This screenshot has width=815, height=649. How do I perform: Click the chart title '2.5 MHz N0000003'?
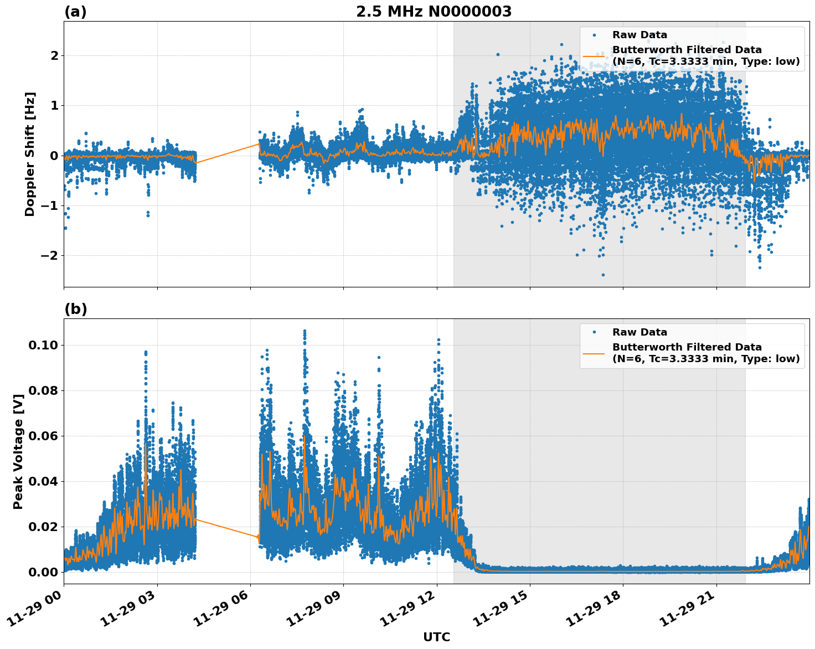pos(434,12)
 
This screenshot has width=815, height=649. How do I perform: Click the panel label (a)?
pos(75,12)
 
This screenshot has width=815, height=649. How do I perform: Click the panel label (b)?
pos(75,309)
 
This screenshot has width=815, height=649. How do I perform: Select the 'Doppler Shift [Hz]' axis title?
pos(30,154)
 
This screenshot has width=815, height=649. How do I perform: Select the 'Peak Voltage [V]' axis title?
pos(18,451)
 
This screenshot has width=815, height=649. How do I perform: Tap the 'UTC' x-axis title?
pos(436,637)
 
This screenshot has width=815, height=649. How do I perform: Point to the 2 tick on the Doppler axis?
pos(54,55)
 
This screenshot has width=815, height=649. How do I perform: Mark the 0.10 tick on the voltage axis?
pos(43,345)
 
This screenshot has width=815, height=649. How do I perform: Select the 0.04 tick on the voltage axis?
pos(43,481)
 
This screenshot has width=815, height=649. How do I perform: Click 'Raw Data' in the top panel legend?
pos(639,35)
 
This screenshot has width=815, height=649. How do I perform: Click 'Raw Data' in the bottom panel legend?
pos(639,332)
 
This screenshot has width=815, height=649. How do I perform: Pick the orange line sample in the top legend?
pos(594,55)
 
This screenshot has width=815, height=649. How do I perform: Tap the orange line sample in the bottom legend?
pos(594,353)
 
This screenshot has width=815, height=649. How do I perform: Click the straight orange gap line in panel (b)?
pos(227,528)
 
